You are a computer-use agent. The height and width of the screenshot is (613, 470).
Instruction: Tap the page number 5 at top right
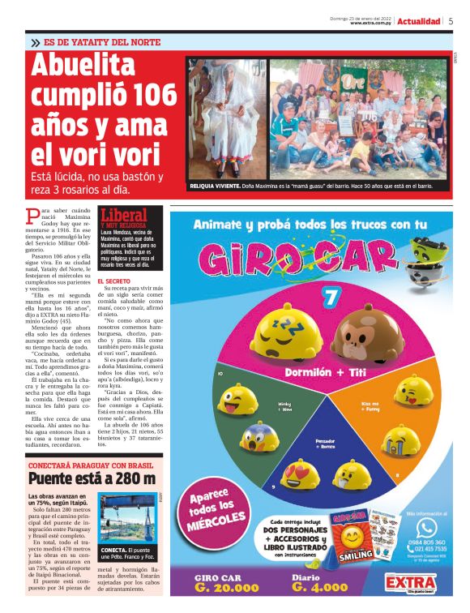coord(450,22)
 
